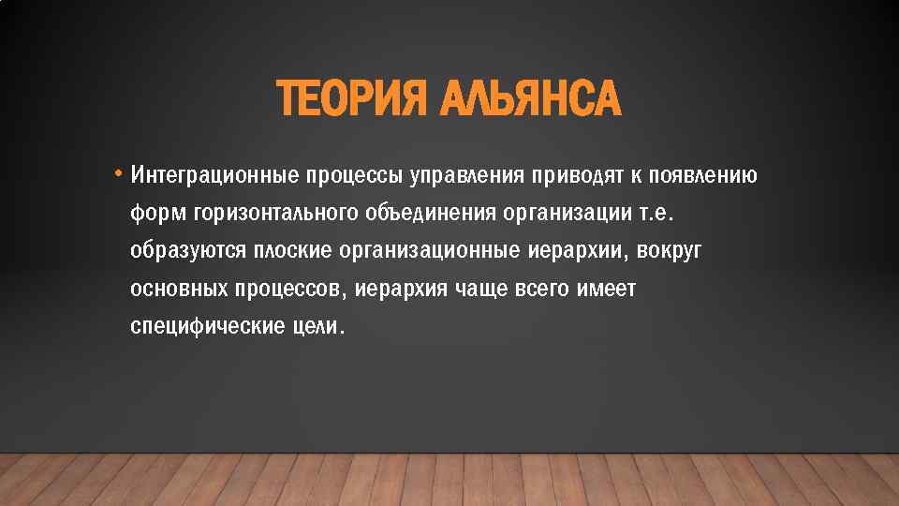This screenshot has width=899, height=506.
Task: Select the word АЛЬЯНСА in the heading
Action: click(529, 99)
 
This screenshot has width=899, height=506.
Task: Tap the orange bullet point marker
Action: click(119, 173)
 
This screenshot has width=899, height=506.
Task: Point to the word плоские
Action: click(292, 251)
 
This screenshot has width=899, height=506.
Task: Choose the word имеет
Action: click(607, 290)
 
